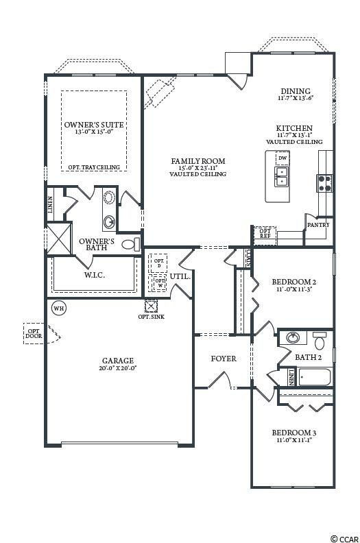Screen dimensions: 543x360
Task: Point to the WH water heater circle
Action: (59, 309)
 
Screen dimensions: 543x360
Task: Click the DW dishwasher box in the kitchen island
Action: (282, 159)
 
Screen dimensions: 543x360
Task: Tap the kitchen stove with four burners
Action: (324, 182)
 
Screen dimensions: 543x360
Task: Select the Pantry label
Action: (318, 225)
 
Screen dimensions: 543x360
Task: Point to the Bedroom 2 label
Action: (293, 282)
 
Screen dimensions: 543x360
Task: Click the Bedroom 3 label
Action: (293, 433)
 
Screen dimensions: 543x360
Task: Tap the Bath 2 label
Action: (309, 357)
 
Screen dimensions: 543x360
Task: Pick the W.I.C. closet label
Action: (94, 276)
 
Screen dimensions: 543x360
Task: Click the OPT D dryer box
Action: (159, 264)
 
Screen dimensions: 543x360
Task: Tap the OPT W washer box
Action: (159, 282)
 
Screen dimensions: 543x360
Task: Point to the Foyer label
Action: (224, 359)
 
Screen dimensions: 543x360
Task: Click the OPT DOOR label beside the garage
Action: (34, 333)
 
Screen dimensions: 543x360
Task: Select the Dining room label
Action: (296, 91)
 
